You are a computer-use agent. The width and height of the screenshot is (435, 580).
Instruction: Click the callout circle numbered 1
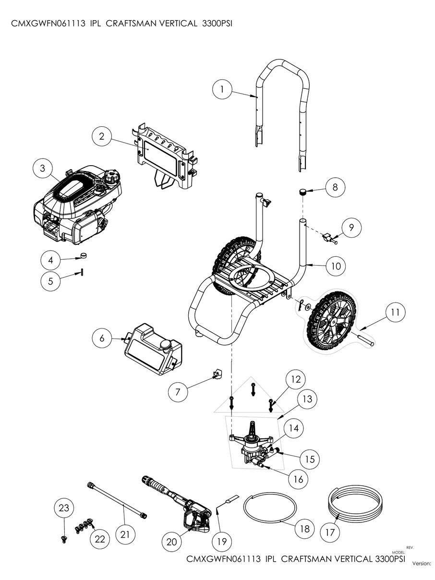point(222,89)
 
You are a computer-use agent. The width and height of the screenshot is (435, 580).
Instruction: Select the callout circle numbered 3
point(43,168)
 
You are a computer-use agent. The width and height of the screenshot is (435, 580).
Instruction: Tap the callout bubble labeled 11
point(395,313)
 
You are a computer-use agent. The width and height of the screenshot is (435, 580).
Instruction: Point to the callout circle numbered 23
point(64,508)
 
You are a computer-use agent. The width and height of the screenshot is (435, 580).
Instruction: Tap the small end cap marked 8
point(303,192)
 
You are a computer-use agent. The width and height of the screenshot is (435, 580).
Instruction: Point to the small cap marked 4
point(85,255)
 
